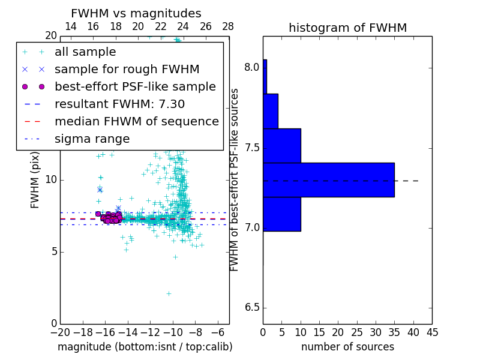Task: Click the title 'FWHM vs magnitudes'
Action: pos(136,14)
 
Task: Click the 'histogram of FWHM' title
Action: pos(347,28)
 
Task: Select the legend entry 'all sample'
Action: pos(85,52)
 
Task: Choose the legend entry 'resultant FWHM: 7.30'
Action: pos(119,104)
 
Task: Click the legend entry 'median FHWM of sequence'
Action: pos(136,121)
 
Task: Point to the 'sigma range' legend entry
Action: pos(92,139)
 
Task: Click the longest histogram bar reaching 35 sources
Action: pos(328,179)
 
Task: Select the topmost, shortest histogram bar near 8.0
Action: pos(265,76)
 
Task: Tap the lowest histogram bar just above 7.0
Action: pos(281,214)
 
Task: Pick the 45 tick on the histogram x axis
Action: pos(432,331)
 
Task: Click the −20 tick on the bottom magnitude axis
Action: pos(60,331)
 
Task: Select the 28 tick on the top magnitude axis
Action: pos(228,26)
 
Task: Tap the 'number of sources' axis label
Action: pos(347,347)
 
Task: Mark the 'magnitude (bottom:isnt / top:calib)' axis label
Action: pos(145,347)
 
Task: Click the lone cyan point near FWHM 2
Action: pos(169,293)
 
